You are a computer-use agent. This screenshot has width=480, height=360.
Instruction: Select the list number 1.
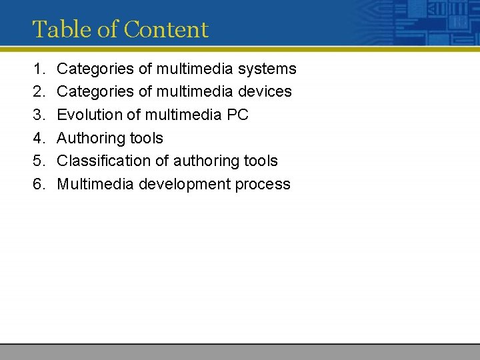(37, 69)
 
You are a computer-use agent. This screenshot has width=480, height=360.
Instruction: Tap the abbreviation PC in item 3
(237, 115)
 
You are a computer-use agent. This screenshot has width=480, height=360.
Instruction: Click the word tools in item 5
(261, 161)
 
